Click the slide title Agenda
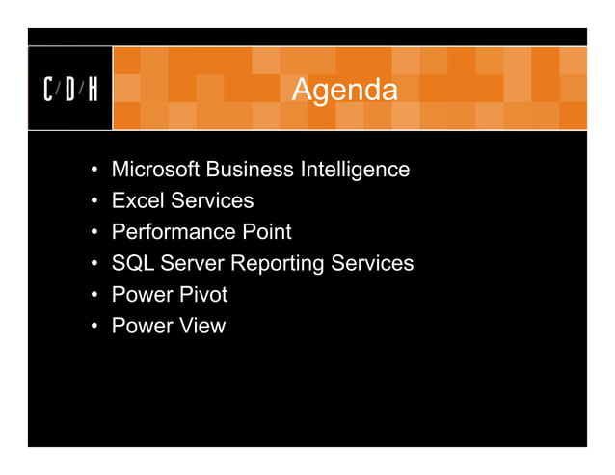[x=343, y=91]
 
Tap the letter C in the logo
[x=49, y=91]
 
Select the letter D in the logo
[x=70, y=91]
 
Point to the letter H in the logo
[x=93, y=91]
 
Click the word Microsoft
[x=154, y=170]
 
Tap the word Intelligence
[x=355, y=171]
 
